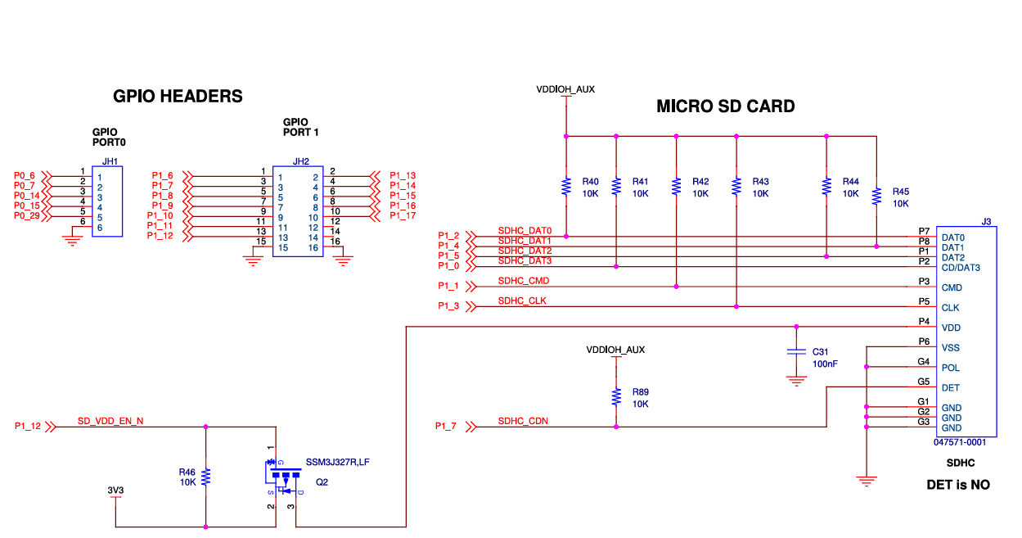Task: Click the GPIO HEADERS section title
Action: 178,97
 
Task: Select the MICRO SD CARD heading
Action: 726,106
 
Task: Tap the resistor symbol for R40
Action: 566,187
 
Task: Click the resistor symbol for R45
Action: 876,197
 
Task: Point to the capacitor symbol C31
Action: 797,351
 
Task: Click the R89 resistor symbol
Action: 616,397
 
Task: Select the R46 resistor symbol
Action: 205,477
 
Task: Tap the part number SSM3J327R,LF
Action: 338,462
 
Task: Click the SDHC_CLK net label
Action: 522,301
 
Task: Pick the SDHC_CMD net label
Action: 524,281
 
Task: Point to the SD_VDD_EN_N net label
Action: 110,421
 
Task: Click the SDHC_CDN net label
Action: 523,421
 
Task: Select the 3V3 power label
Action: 115,491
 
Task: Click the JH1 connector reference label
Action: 110,161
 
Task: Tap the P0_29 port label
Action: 27,215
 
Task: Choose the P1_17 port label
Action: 403,215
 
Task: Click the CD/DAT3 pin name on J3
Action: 961,268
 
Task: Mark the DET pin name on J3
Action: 950,388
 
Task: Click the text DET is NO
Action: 958,485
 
